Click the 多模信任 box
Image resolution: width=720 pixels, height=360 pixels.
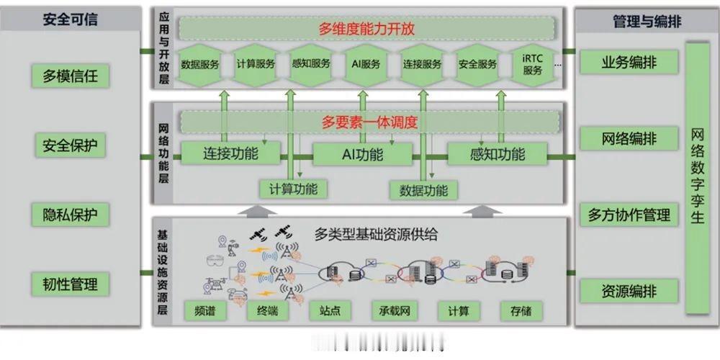(x=71, y=75)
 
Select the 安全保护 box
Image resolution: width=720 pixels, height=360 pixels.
(x=71, y=145)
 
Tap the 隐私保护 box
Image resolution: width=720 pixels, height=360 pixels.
(x=71, y=215)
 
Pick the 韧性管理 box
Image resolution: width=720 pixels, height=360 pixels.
(x=71, y=284)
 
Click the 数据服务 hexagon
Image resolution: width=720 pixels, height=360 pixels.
(x=201, y=64)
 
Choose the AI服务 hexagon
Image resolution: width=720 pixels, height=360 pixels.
(x=366, y=64)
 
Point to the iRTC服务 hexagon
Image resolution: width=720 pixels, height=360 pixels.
(x=533, y=65)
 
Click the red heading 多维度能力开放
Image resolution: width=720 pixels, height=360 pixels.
(x=367, y=29)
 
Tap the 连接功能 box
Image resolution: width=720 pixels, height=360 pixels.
(x=231, y=153)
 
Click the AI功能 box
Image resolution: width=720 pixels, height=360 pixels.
(x=363, y=154)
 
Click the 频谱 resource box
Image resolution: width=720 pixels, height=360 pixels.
(x=206, y=310)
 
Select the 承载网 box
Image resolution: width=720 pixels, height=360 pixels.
(x=395, y=310)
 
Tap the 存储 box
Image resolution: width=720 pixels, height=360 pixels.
(x=521, y=310)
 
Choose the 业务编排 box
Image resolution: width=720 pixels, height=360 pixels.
(x=629, y=62)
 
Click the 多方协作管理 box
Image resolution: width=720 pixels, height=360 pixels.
(x=629, y=215)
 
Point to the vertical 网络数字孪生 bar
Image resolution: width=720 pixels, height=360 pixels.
(x=697, y=177)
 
